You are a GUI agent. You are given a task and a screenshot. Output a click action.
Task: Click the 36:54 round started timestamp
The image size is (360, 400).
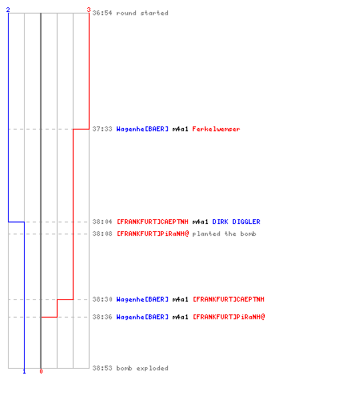(x=102, y=13)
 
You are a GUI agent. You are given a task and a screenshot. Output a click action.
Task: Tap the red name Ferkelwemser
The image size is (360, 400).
(x=216, y=129)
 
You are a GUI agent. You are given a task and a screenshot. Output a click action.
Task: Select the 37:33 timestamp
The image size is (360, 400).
(x=102, y=129)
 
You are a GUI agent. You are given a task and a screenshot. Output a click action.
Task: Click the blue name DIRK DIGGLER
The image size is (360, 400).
(x=236, y=222)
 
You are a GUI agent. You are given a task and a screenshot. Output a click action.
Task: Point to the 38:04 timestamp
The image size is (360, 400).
(x=102, y=222)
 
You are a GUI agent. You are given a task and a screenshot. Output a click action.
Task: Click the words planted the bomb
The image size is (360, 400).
(x=224, y=234)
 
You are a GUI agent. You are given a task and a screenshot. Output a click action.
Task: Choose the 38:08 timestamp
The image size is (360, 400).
(x=102, y=234)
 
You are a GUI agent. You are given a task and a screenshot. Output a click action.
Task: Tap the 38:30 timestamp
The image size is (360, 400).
(x=102, y=299)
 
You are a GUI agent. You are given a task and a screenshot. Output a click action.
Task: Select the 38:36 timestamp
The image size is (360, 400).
(x=102, y=317)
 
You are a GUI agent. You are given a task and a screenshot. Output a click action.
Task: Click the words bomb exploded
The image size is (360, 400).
(x=142, y=368)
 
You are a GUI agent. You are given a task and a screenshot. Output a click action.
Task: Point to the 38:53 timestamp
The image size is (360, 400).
(x=102, y=368)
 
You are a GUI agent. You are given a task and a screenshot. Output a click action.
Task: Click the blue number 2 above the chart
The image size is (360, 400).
(x=8, y=10)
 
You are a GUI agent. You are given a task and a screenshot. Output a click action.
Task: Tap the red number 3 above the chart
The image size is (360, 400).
(x=89, y=10)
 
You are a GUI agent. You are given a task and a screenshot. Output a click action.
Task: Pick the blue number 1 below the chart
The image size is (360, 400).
(x=24, y=371)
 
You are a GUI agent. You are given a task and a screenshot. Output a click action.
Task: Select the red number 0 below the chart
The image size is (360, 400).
(x=41, y=371)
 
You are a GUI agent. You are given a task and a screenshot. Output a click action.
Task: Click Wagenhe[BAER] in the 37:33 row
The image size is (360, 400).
(x=142, y=129)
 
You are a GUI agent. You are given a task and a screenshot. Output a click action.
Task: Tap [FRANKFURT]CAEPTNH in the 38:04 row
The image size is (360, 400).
(x=153, y=222)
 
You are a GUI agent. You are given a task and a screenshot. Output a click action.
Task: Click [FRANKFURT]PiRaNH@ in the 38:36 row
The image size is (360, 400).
(x=229, y=317)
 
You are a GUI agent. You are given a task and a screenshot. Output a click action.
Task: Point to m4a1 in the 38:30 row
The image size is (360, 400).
(x=180, y=299)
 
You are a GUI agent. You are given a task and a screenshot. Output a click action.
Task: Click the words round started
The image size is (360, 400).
(x=142, y=13)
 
